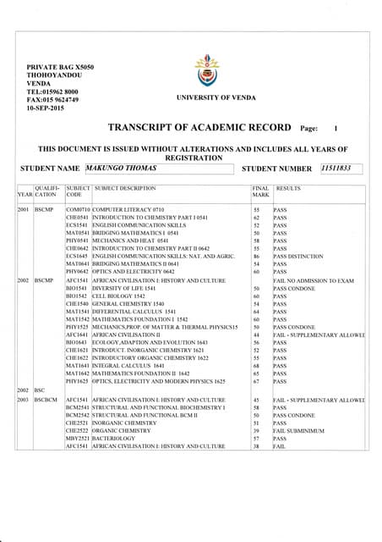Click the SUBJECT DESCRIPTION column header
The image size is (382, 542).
[126, 189]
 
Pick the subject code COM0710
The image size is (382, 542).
[77, 208]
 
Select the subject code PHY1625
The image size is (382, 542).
[77, 382]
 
